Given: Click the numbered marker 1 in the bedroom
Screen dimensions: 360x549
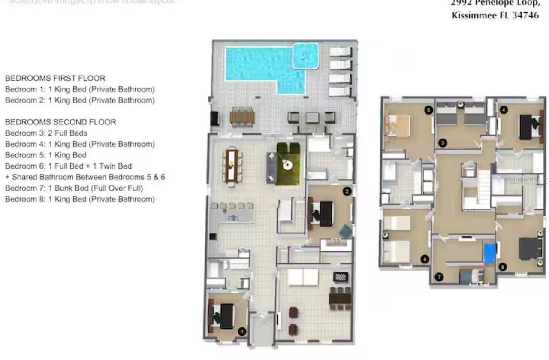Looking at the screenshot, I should point(241,331).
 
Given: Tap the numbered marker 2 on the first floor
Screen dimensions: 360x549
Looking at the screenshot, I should point(347,191).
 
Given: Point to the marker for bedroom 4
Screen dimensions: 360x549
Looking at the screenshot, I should point(504,110).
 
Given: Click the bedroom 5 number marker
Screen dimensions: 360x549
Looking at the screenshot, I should point(428,110).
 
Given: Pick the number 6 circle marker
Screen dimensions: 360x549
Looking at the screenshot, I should point(425,259).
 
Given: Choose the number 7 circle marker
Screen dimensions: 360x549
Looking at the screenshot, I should point(439,277).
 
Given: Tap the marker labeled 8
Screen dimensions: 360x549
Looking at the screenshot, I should point(502,267).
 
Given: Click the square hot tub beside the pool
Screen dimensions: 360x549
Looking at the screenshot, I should point(305,56).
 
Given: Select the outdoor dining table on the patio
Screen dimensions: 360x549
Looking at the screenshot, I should point(242,117).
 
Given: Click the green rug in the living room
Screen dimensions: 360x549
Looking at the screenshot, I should point(288,164).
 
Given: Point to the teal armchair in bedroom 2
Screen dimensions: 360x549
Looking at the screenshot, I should point(345,231).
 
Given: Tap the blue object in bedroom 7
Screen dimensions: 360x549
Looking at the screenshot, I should point(489,253).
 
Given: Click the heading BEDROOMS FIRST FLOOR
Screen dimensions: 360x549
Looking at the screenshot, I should point(55,78).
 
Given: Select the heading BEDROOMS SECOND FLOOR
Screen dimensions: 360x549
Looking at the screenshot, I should point(60,122).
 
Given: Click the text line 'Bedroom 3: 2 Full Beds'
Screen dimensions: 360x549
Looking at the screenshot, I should point(46,133).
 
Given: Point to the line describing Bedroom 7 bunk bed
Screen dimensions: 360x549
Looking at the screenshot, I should point(74,188).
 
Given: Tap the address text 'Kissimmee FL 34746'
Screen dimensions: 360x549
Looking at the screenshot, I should point(495,16).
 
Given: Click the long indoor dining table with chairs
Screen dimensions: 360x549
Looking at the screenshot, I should point(232,165).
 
